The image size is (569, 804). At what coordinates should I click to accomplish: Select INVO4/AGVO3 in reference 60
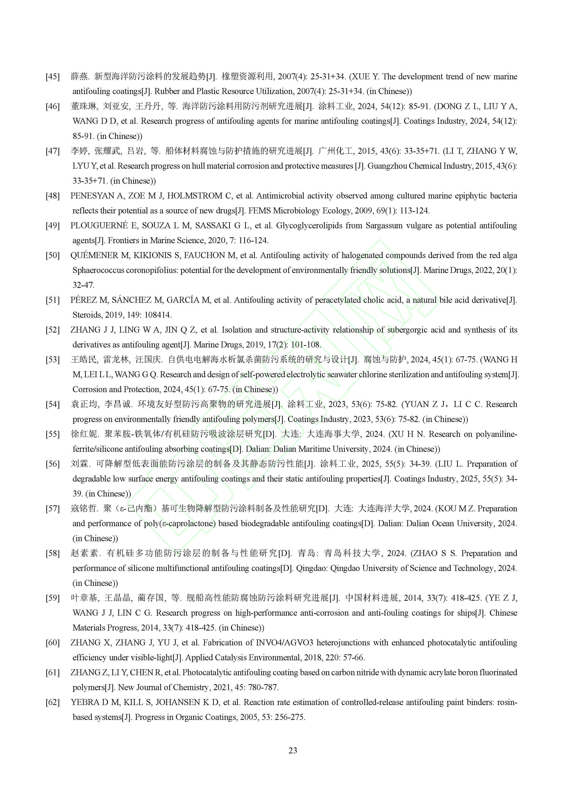coord(284,643)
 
